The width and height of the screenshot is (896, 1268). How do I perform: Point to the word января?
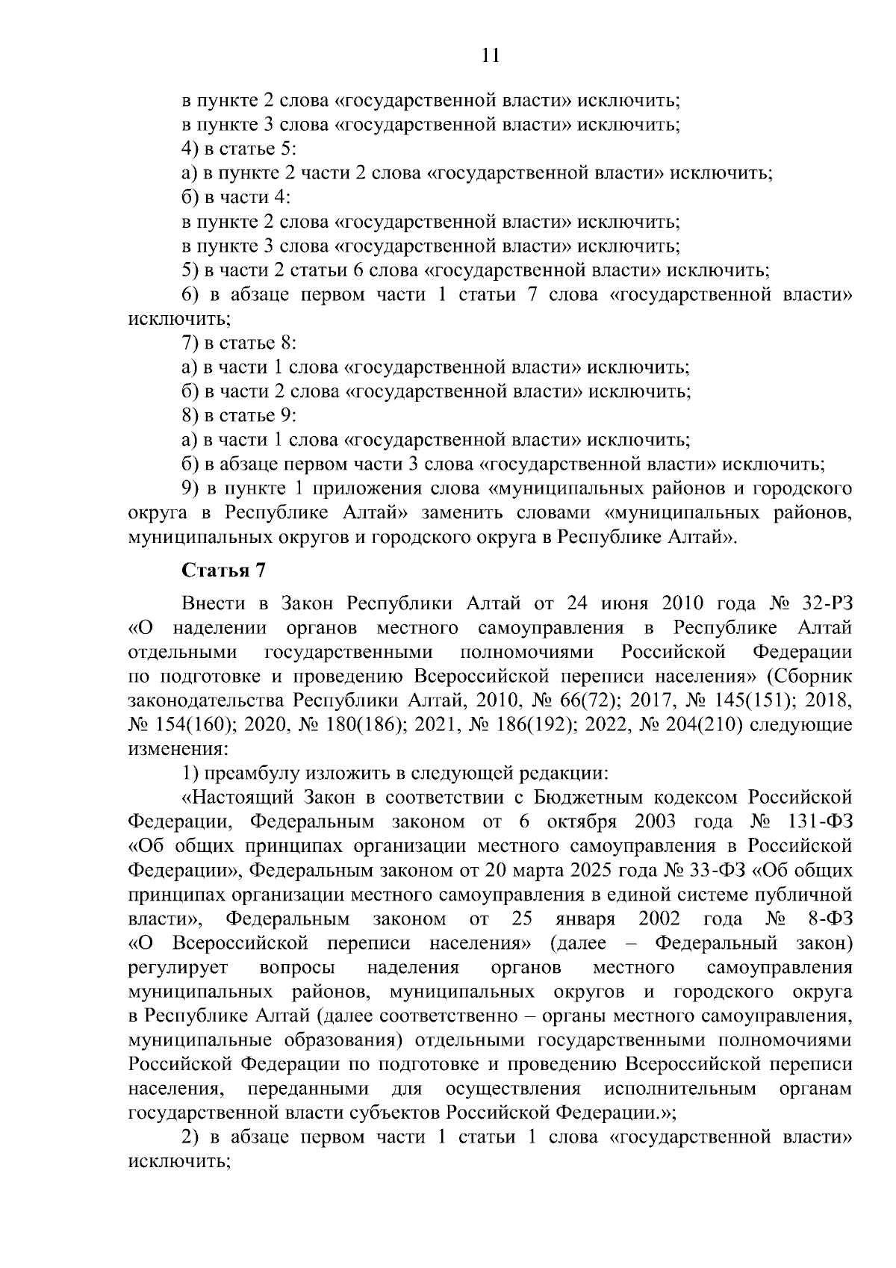coord(585,919)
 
